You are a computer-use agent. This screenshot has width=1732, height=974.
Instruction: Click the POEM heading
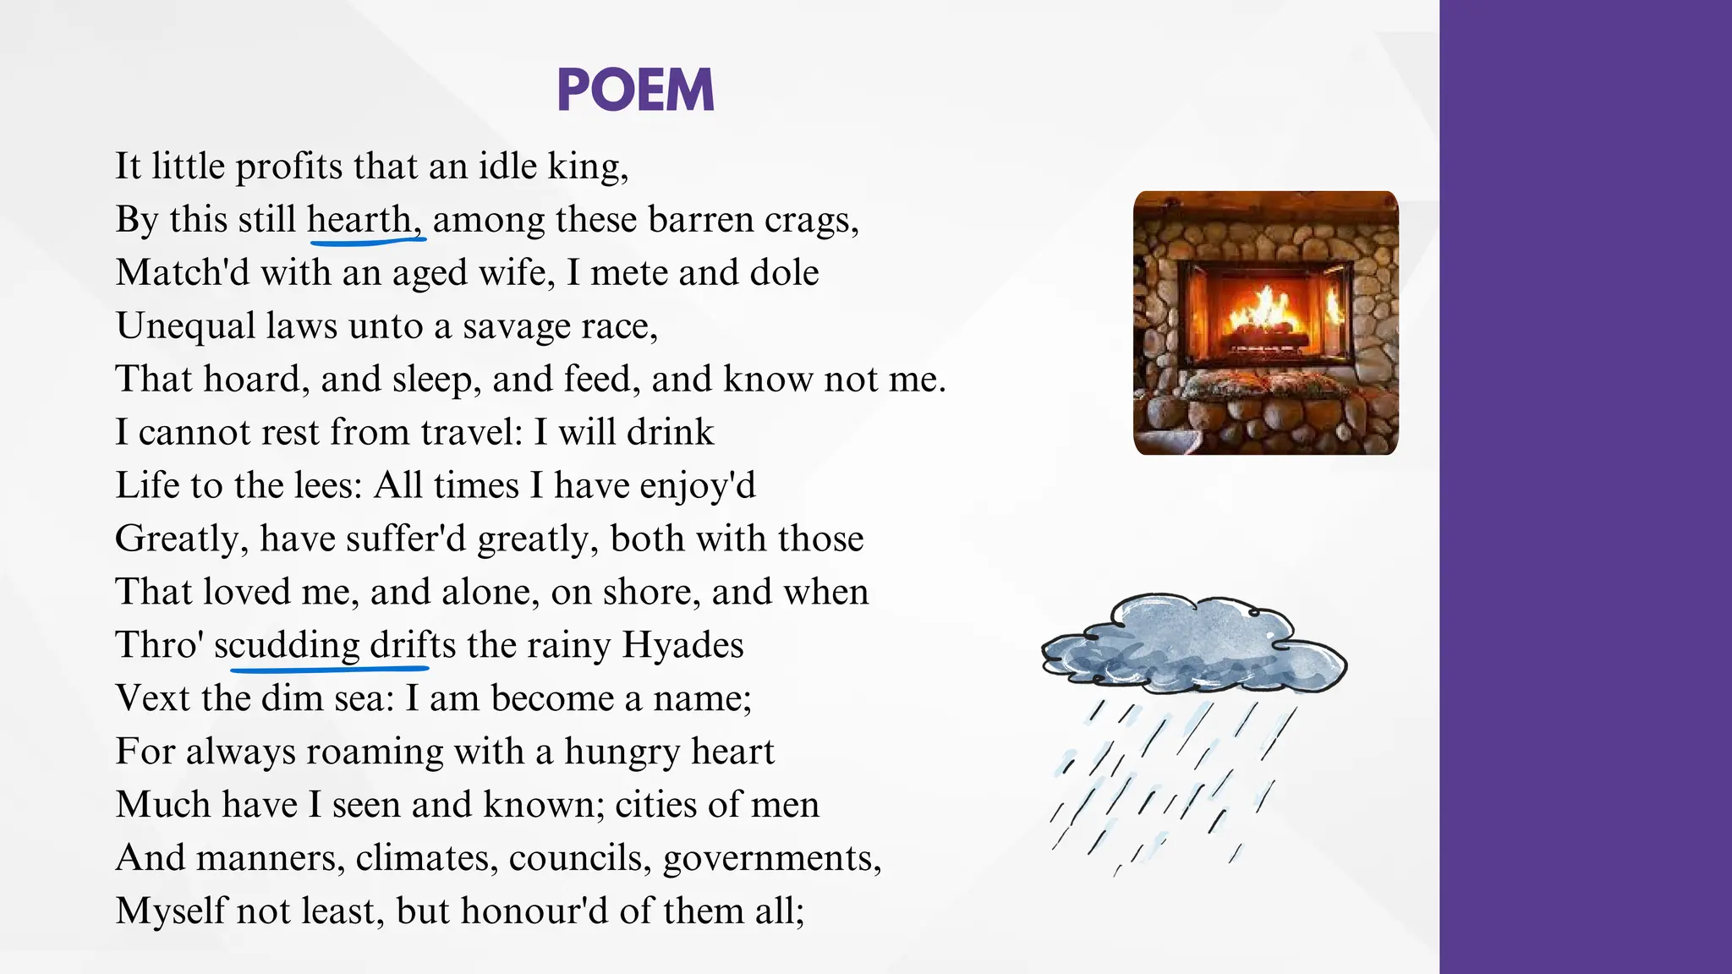[636, 90]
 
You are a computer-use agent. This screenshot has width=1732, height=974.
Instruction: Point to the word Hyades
[682, 645]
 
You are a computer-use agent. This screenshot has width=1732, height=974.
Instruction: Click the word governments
[771, 858]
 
